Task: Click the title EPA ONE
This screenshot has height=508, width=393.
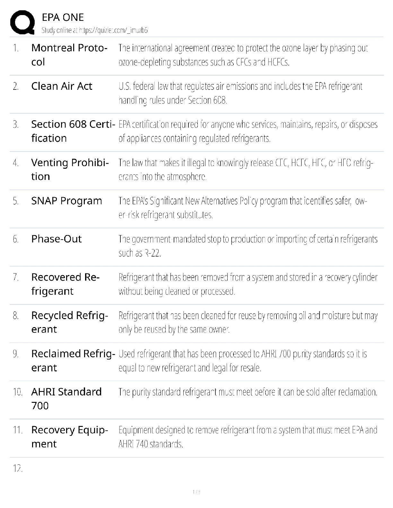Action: (63, 17)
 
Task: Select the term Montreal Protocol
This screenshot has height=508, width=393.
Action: (69, 55)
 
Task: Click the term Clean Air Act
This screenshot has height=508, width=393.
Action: (62, 86)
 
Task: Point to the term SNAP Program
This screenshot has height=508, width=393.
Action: (66, 201)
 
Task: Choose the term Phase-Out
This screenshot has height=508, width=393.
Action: (57, 239)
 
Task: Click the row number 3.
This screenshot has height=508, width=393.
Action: (16, 124)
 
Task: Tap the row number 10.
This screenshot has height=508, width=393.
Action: (18, 392)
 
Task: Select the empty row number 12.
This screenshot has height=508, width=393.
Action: (18, 469)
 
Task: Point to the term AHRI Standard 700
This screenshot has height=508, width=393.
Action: (66, 399)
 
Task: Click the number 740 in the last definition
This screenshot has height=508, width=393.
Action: (142, 444)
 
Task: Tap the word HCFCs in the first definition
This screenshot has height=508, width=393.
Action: (278, 62)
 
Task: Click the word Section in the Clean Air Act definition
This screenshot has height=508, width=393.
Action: (199, 100)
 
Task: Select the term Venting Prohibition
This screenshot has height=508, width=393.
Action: (70, 169)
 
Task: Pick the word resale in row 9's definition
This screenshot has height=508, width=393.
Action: (251, 368)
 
